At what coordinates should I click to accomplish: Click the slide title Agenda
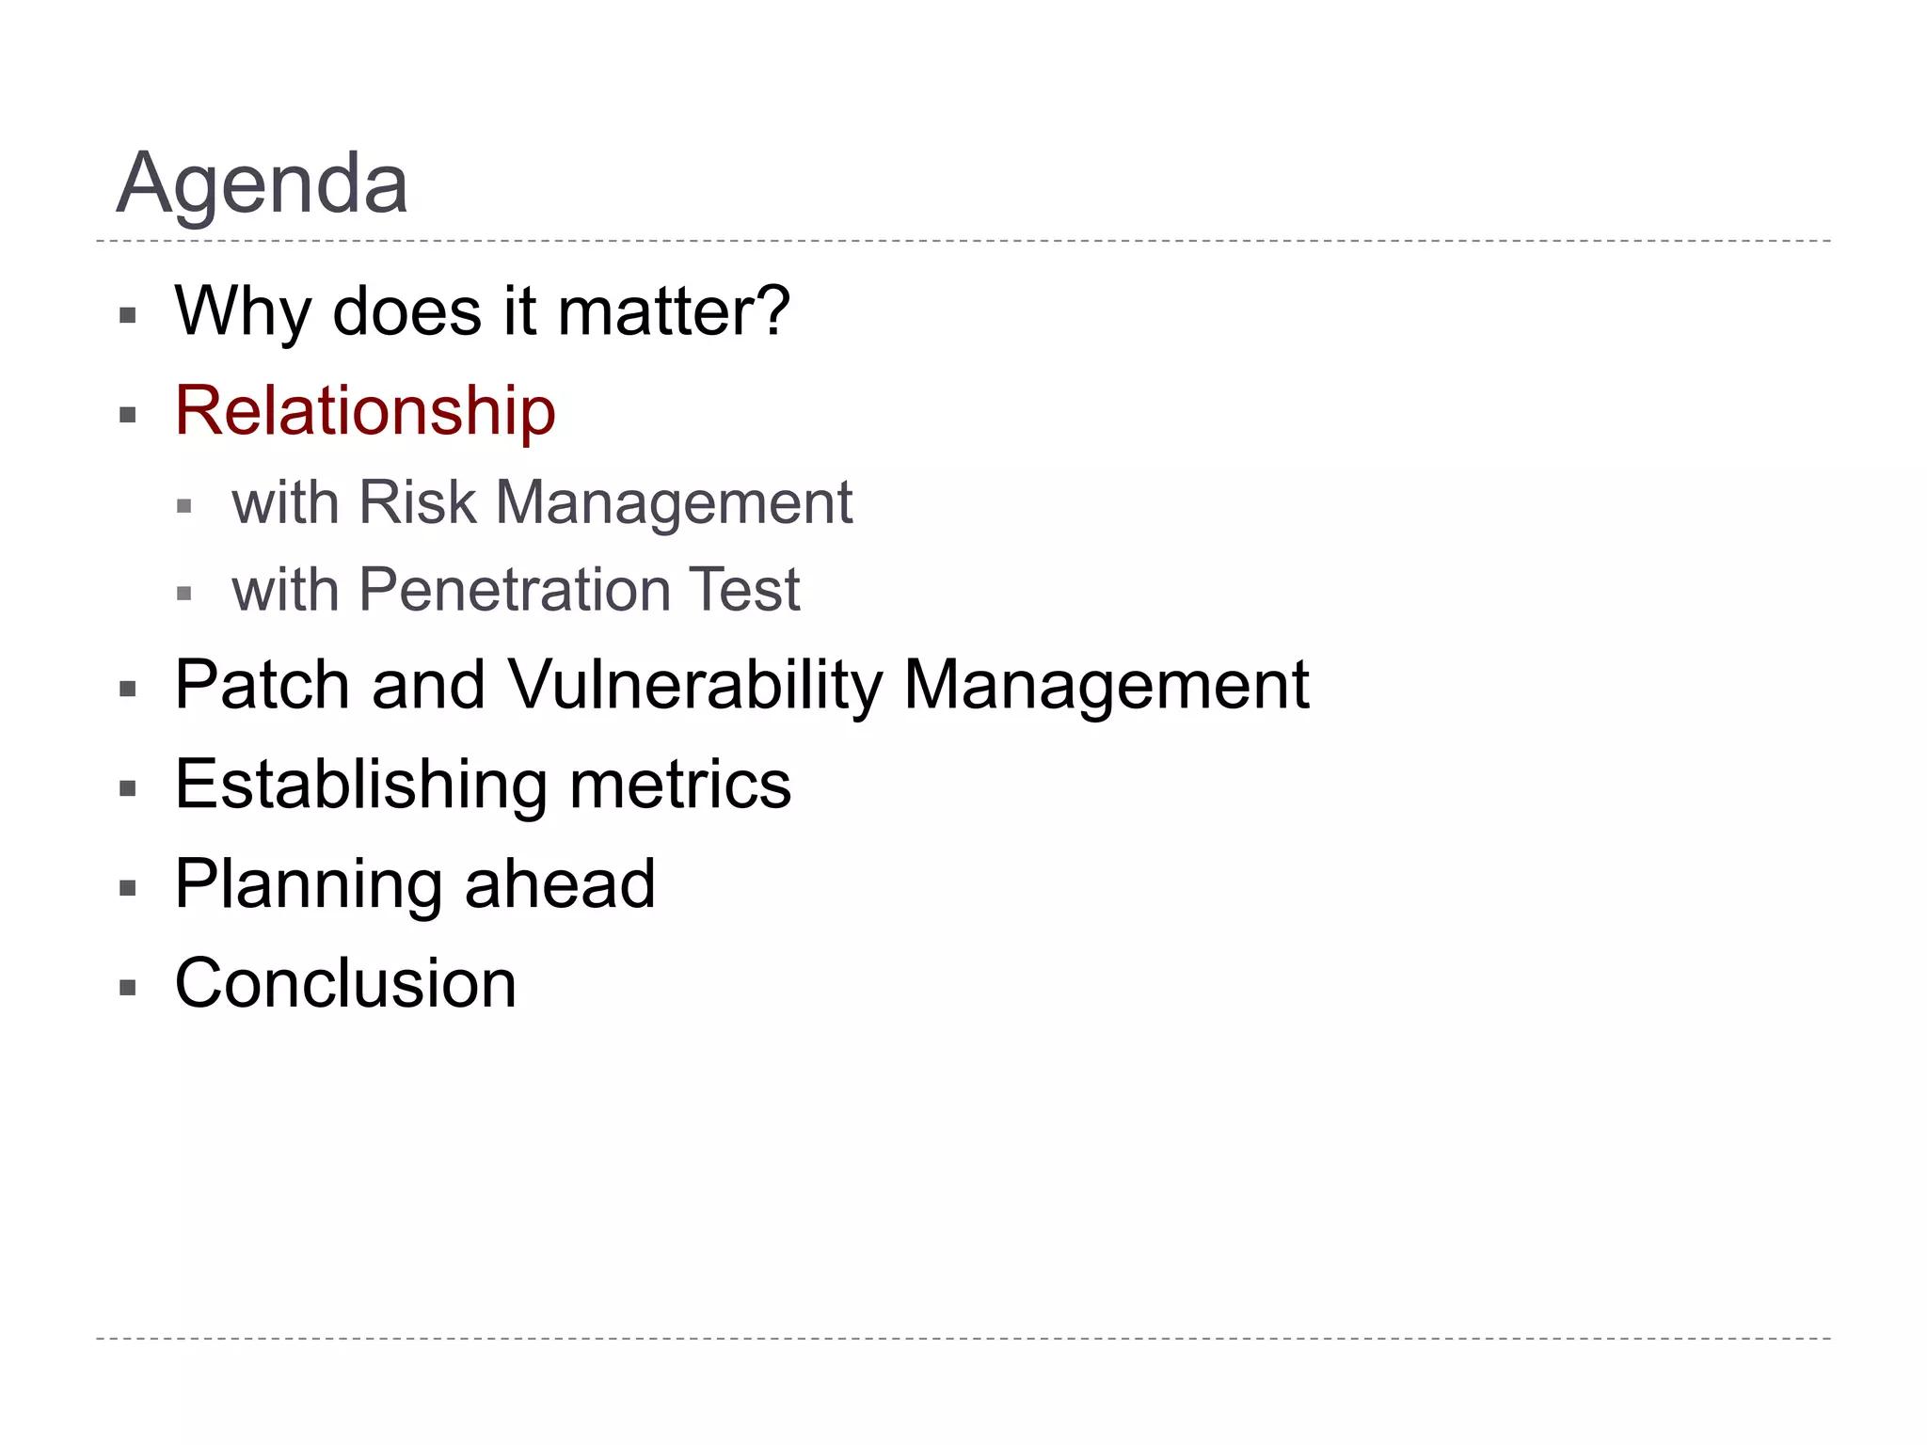coord(262,183)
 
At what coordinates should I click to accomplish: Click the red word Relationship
coord(365,411)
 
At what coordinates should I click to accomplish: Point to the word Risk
coord(417,502)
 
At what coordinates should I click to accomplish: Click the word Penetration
coord(514,590)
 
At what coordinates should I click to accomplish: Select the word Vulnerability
coord(695,685)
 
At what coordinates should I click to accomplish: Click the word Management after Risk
coord(674,502)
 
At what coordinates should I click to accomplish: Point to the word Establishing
coord(360,785)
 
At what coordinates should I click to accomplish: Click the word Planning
coord(308,884)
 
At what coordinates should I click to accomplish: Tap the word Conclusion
coord(345,983)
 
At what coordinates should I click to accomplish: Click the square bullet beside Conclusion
coord(128,988)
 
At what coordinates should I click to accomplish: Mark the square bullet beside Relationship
coord(128,415)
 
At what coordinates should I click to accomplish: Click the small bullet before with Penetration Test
coord(184,594)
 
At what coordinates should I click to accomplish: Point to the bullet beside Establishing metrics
coord(128,788)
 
